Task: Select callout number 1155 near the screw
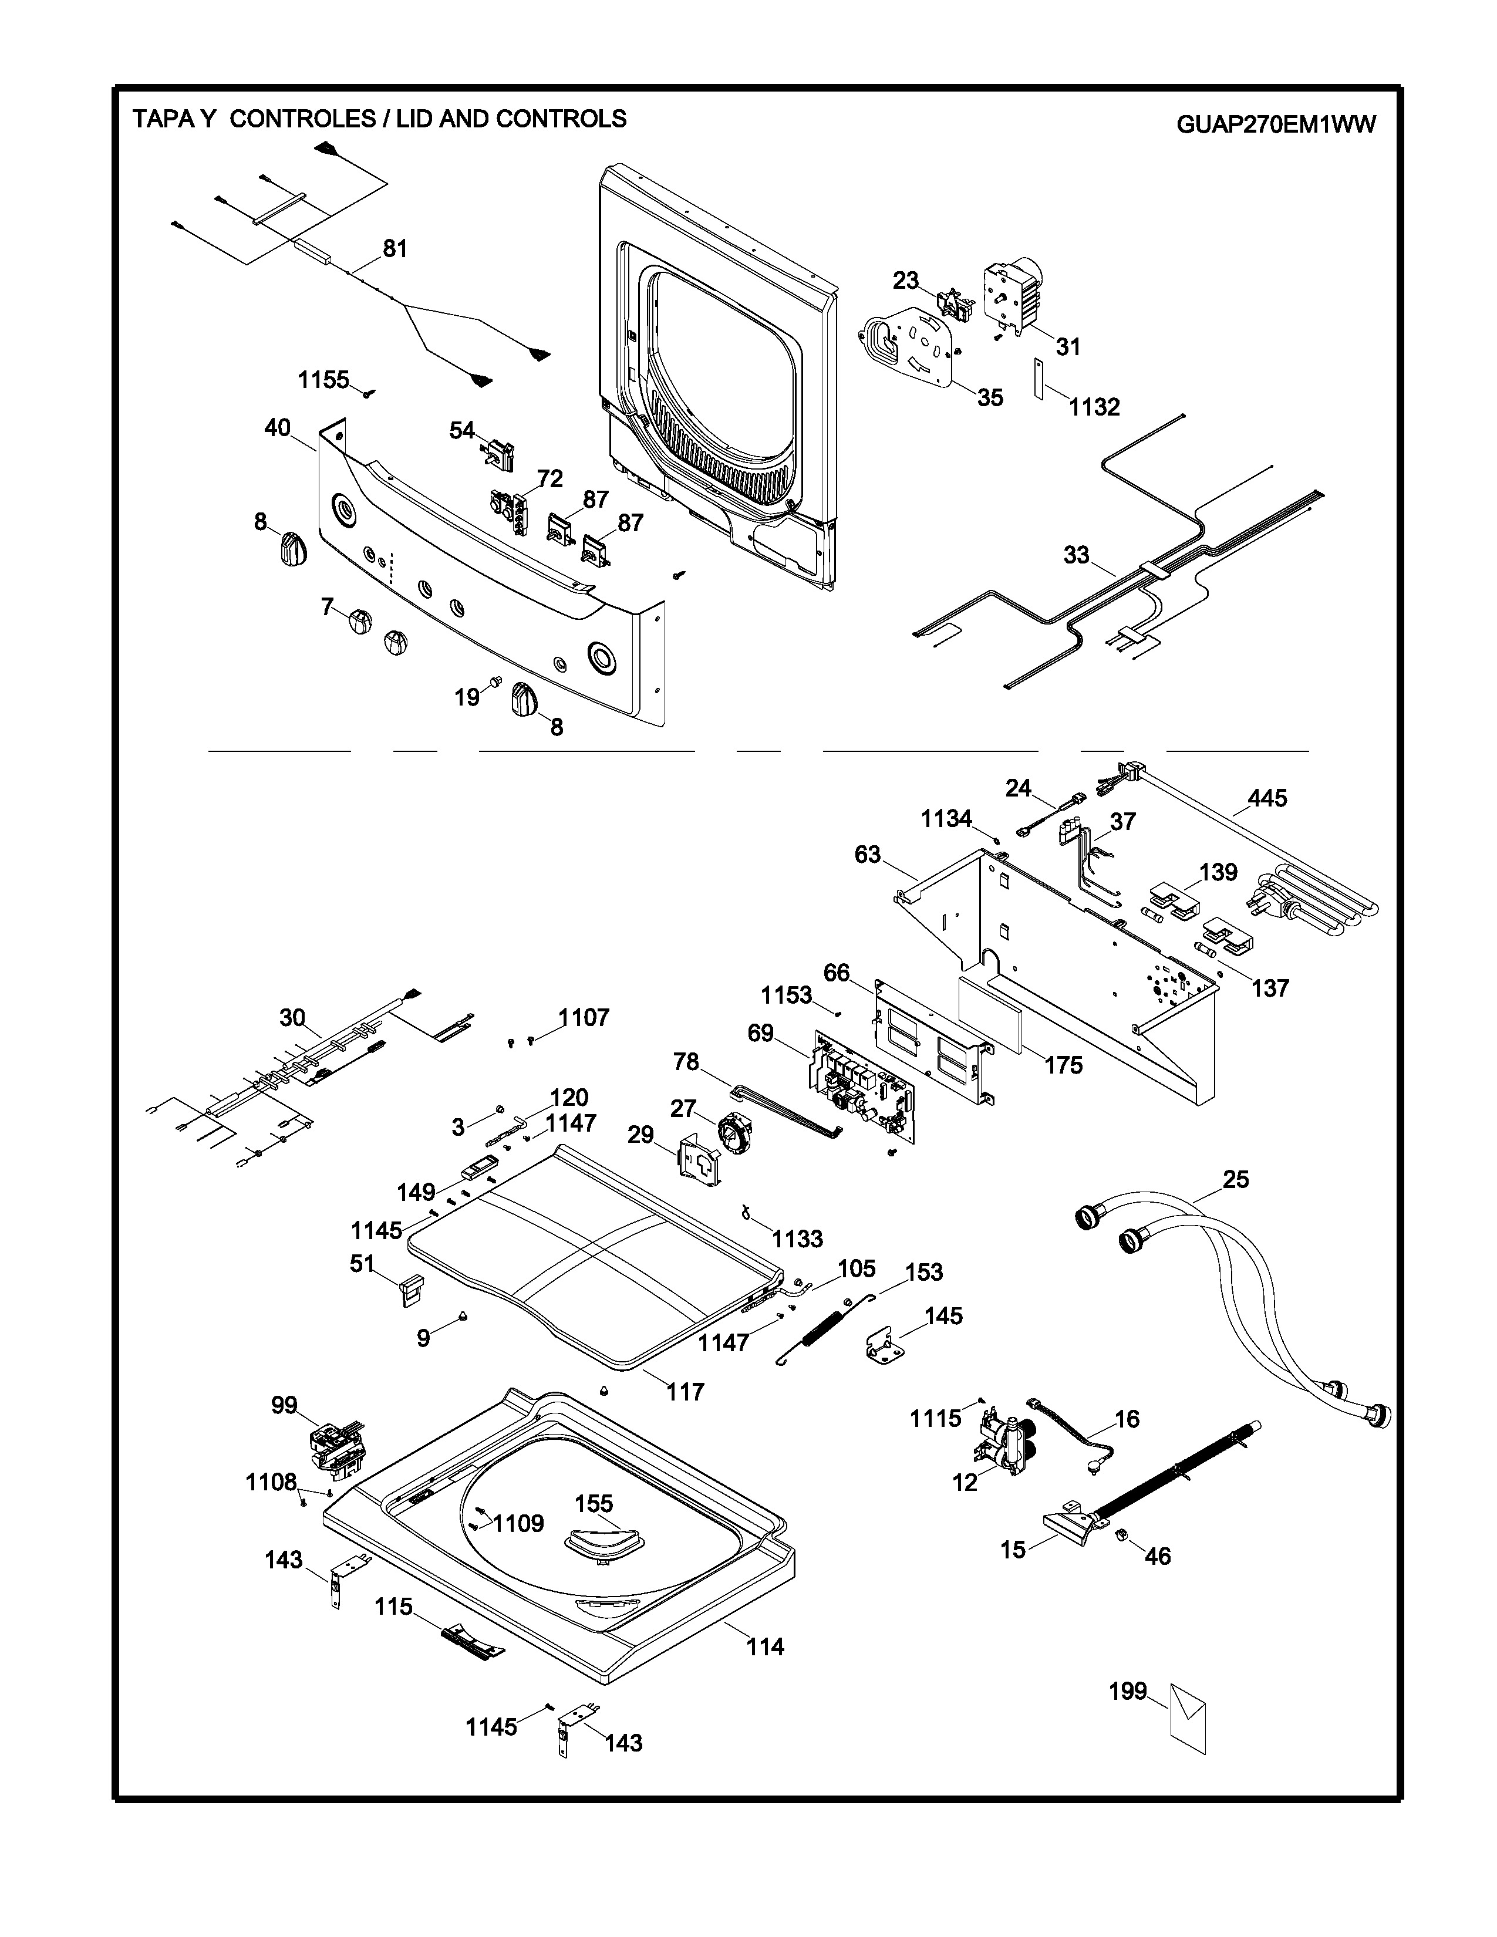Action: pos(323,380)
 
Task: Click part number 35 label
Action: pos(990,397)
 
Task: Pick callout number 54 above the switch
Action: pos(462,430)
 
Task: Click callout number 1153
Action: pos(785,995)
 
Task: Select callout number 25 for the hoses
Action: pos(1235,1180)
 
